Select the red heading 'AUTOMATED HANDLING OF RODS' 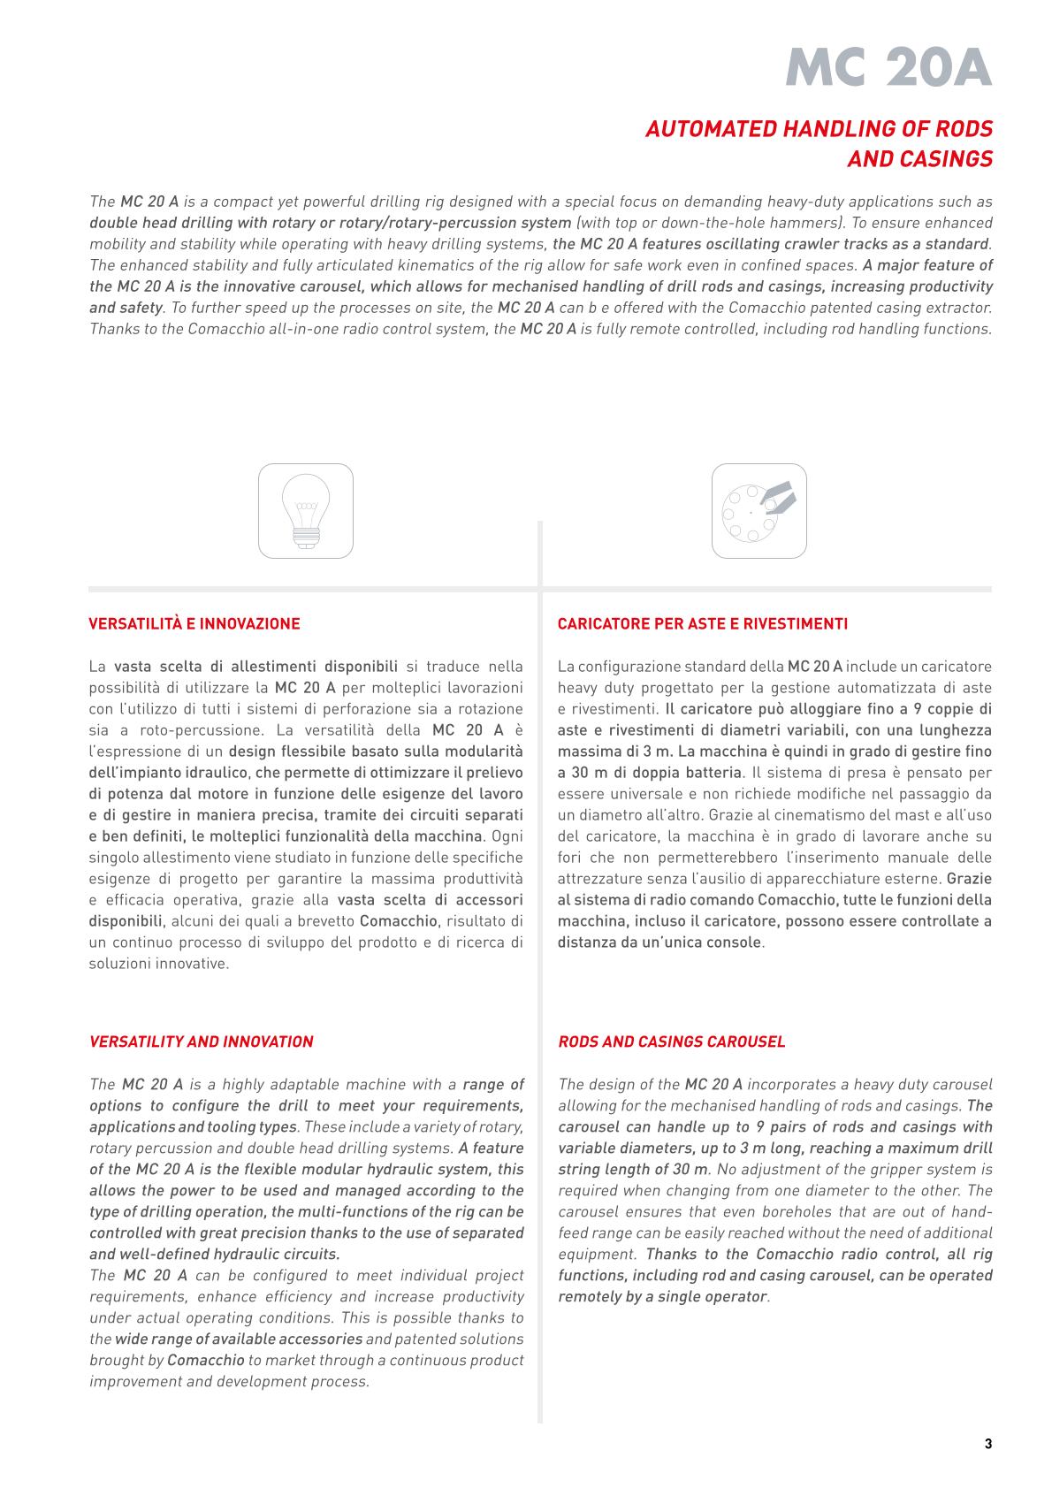coord(819,129)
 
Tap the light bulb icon coord(306,511)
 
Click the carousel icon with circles coord(759,511)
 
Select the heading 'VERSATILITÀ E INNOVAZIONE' coord(194,624)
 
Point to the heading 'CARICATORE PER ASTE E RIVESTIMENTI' coord(702,624)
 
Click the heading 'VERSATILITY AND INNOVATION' coord(202,1042)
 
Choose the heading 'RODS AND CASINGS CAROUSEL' coord(671,1042)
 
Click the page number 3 coord(987,1445)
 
